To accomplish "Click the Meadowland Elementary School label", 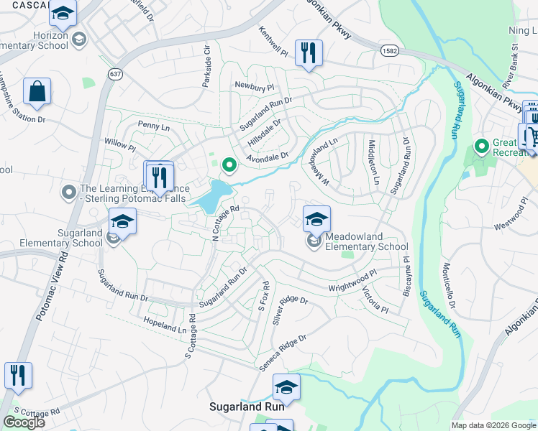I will (366, 241).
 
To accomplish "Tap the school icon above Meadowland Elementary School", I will (316, 219).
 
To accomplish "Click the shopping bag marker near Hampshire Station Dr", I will (37, 92).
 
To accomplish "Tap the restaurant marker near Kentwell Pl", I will (309, 53).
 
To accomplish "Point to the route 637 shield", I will (114, 73).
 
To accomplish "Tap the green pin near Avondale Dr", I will (229, 166).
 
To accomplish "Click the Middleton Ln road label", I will (373, 161).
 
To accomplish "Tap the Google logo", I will (24, 422).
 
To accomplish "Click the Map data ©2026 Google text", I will (493, 425).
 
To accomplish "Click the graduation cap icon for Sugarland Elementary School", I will (123, 221).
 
